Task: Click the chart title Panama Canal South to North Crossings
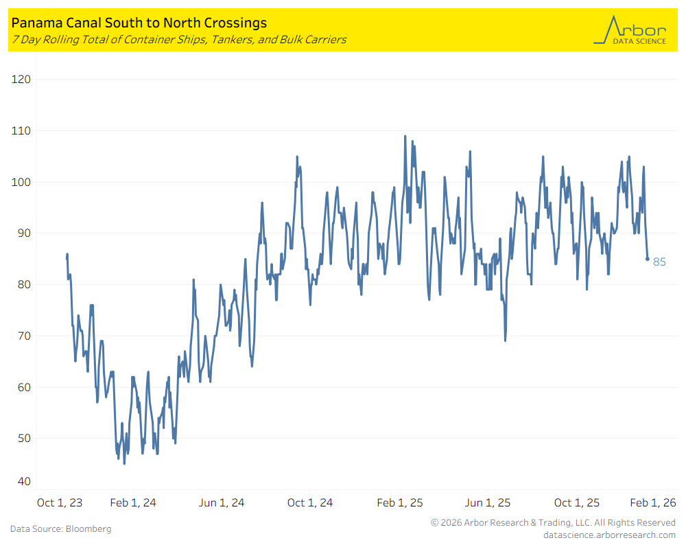pyautogui.click(x=139, y=23)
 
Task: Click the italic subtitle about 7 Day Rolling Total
pyautogui.click(x=178, y=39)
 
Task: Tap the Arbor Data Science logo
pyautogui.click(x=630, y=31)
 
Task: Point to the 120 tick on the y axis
pyautogui.click(x=22, y=80)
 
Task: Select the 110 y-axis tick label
pyautogui.click(x=22, y=130)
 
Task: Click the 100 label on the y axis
pyautogui.click(x=22, y=182)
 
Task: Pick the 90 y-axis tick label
pyautogui.click(x=23, y=233)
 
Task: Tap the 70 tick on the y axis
pyautogui.click(x=23, y=336)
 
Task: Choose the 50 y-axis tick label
pyautogui.click(x=23, y=438)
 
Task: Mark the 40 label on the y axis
pyautogui.click(x=23, y=482)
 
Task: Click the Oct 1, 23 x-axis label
pyautogui.click(x=60, y=503)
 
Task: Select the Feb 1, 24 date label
pyautogui.click(x=133, y=503)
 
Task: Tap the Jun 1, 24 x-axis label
pyautogui.click(x=222, y=503)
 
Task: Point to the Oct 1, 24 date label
pyautogui.click(x=310, y=503)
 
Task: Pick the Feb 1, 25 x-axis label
pyautogui.click(x=400, y=503)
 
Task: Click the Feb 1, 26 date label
pyautogui.click(x=652, y=503)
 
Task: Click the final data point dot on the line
pyautogui.click(x=647, y=259)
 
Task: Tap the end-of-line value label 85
pyautogui.click(x=659, y=262)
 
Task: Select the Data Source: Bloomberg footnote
pyautogui.click(x=60, y=529)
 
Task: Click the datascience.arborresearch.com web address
pyautogui.click(x=609, y=535)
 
